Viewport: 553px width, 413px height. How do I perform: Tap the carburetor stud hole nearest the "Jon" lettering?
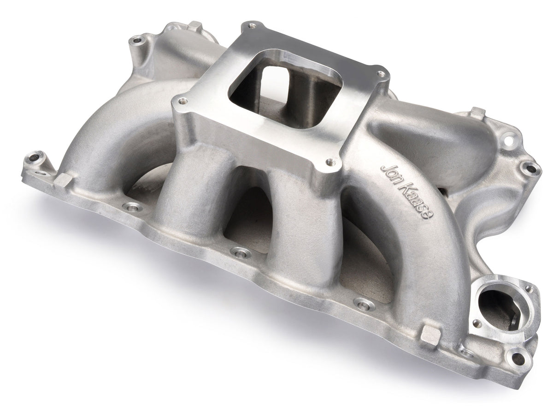(330, 162)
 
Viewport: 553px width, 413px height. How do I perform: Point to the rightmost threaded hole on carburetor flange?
(380, 73)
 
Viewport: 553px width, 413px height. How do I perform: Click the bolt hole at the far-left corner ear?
(33, 160)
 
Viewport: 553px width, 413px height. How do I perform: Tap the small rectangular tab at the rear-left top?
(195, 25)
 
